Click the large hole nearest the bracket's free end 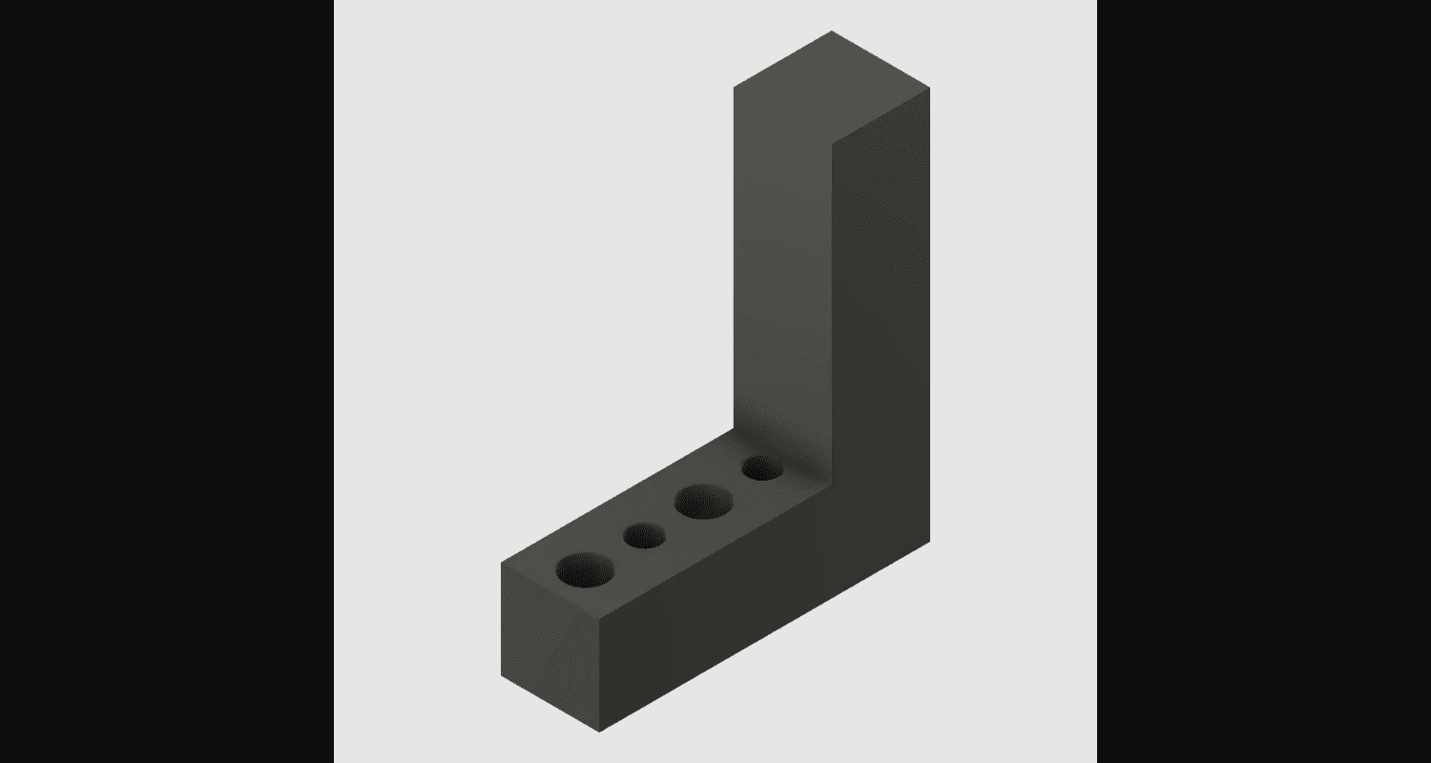(584, 569)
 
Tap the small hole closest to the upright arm (762, 468)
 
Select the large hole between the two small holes (704, 502)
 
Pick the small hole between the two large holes (645, 536)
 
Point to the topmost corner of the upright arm (832, 31)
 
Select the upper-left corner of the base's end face (502, 563)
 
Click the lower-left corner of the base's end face (502, 676)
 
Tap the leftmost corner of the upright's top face (735, 87)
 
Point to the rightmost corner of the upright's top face (929, 88)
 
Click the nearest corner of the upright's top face (833, 144)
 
